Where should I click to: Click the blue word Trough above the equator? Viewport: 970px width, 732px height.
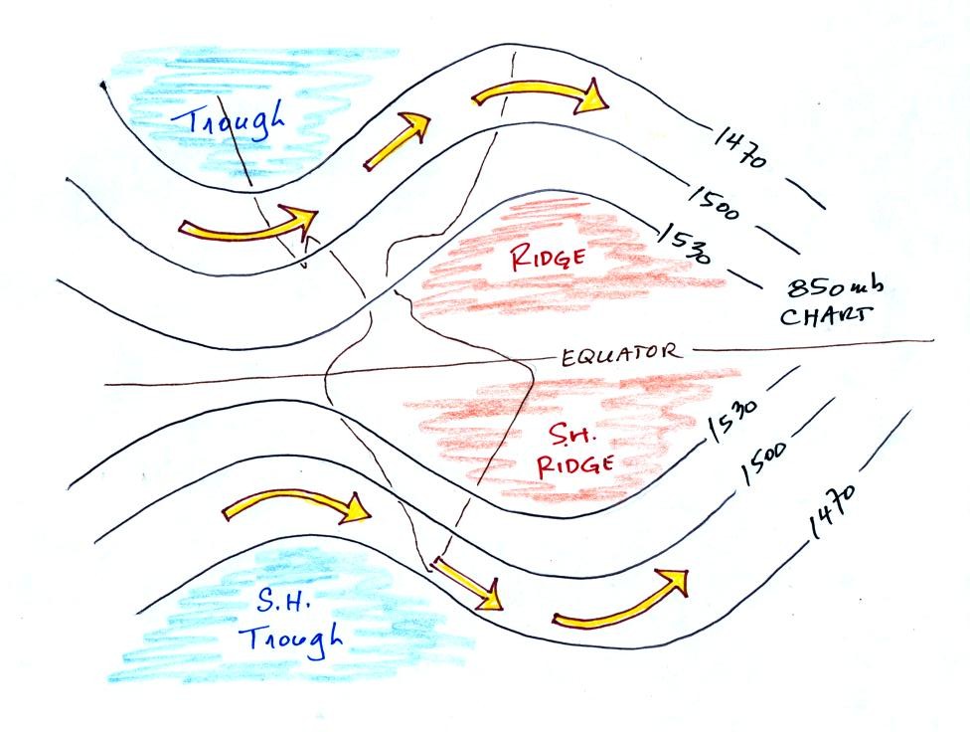228,120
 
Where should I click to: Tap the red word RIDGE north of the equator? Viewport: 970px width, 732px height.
548,257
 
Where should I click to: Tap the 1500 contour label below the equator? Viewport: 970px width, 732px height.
764,462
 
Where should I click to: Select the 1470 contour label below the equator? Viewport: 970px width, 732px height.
833,511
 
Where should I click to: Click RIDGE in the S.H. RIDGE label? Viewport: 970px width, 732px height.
574,465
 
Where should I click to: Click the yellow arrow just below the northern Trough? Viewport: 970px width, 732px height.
247,229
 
